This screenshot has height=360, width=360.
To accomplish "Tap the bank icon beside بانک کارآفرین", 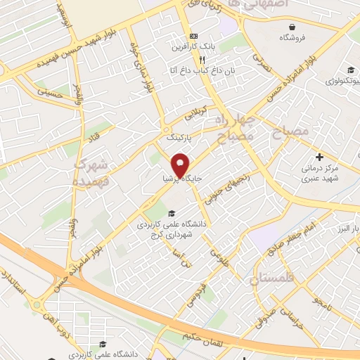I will [x=194, y=37].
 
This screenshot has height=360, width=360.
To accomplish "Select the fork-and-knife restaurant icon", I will [x=182, y=60].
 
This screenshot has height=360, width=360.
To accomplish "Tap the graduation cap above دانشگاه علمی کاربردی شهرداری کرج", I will [x=169, y=213].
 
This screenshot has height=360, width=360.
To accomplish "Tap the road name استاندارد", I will [x=17, y=283].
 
